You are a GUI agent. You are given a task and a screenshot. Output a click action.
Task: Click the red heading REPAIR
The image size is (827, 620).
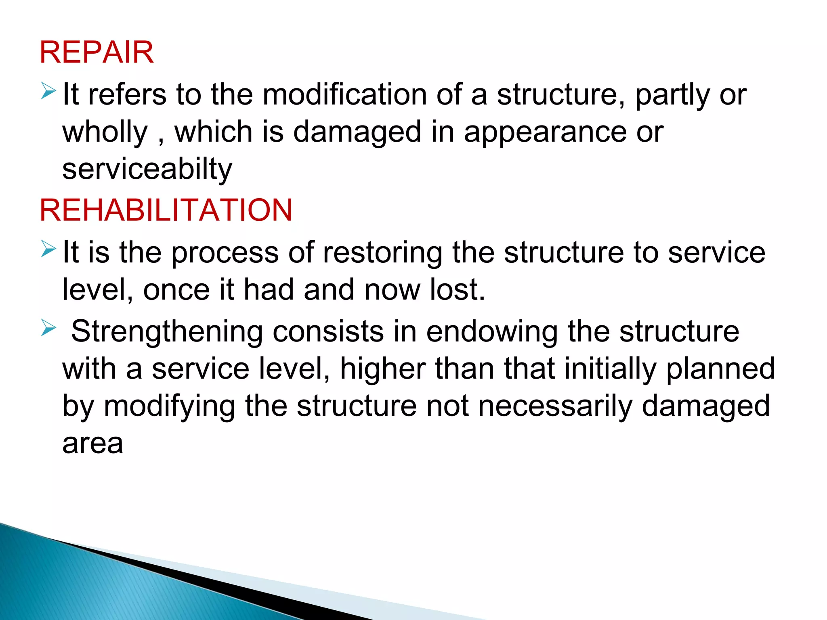tap(97, 52)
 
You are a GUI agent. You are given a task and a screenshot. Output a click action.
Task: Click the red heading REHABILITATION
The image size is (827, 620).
tap(166, 210)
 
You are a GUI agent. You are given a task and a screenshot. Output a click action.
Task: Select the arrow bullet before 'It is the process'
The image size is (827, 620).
tap(48, 249)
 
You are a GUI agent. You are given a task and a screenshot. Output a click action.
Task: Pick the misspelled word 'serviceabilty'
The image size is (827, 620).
tap(147, 170)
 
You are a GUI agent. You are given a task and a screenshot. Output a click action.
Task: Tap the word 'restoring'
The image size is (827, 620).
tap(382, 253)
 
